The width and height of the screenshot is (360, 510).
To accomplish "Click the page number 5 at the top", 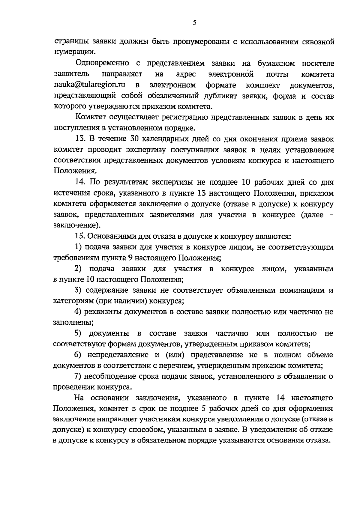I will (x=194, y=23).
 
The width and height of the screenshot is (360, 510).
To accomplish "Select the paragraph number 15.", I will (x=80, y=236).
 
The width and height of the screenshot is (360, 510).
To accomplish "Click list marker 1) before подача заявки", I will (x=78, y=247).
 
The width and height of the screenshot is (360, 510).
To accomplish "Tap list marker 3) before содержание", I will (x=78, y=290).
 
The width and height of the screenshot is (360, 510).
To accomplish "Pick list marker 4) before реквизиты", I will (x=78, y=312).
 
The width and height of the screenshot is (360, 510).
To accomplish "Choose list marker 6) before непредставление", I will (x=78, y=355).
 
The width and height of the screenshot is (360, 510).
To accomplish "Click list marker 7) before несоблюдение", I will (x=78, y=377).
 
